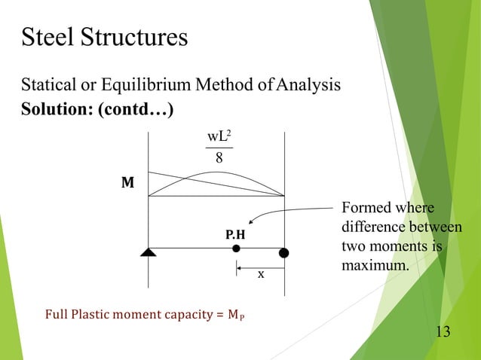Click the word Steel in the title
tap(47, 37)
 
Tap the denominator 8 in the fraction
tap(219, 158)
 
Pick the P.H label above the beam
tap(235, 235)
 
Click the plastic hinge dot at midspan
tap(236, 249)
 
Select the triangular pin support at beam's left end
tap(148, 252)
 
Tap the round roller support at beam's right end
tap(284, 252)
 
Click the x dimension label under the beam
tap(261, 275)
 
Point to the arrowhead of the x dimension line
tap(240, 267)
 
